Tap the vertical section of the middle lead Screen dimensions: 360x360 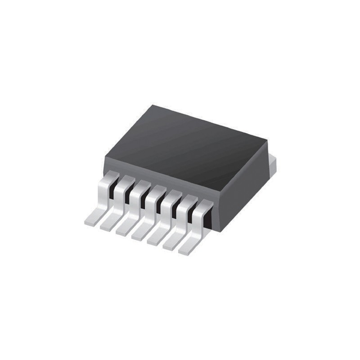click(150, 202)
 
